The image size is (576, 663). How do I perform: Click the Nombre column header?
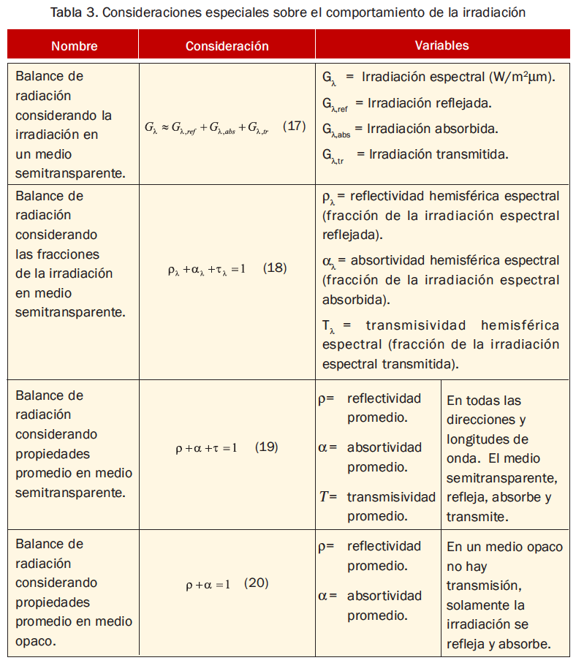(x=74, y=45)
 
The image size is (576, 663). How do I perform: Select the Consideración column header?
(x=227, y=45)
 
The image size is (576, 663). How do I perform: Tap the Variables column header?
(x=442, y=45)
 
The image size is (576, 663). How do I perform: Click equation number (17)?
(x=294, y=126)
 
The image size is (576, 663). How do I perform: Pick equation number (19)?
(x=266, y=447)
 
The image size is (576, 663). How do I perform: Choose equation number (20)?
(x=257, y=583)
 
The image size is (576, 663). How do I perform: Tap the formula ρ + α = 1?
(x=208, y=584)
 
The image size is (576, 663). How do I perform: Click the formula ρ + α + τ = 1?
(x=206, y=447)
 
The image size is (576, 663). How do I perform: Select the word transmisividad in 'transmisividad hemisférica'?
(x=414, y=325)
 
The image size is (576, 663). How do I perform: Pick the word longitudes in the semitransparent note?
(x=477, y=439)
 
